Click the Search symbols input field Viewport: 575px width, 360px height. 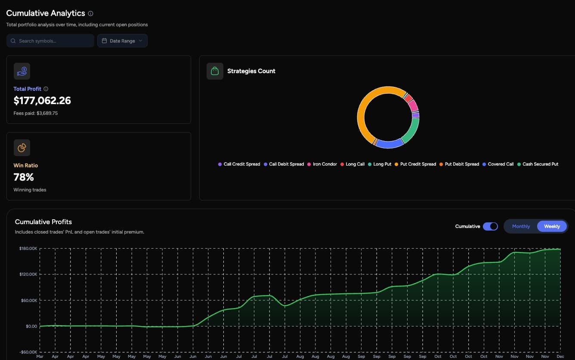click(x=50, y=41)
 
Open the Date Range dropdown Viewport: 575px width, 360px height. click(x=122, y=41)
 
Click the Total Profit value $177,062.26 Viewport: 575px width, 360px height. click(x=42, y=101)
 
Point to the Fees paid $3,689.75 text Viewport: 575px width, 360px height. click(x=36, y=114)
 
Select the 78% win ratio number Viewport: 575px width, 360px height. click(x=24, y=177)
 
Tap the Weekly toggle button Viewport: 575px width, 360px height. click(x=552, y=226)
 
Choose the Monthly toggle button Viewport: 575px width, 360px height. click(x=521, y=226)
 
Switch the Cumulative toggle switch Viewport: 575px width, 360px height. click(x=490, y=226)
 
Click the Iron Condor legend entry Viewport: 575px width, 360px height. click(x=325, y=164)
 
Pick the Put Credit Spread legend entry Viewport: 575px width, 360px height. click(x=417, y=164)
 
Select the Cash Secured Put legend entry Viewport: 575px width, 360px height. click(x=540, y=164)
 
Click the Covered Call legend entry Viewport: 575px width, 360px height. click(x=501, y=164)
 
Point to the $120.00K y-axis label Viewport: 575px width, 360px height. click(x=28, y=274)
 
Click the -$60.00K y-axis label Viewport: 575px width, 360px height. click(x=28, y=352)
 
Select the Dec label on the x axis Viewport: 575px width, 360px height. click(x=560, y=357)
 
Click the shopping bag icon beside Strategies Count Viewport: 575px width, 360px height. click(x=215, y=71)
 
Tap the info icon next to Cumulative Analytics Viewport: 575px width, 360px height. click(x=90, y=14)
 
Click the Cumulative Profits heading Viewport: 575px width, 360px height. click(x=43, y=222)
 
